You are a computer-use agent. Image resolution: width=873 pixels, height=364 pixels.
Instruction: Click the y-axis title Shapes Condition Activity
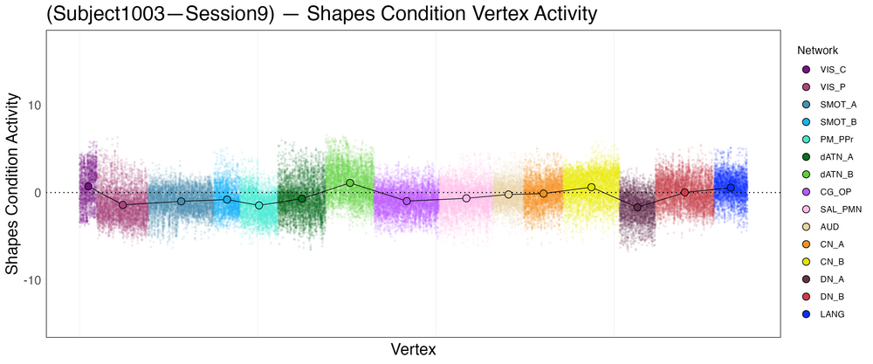(13, 185)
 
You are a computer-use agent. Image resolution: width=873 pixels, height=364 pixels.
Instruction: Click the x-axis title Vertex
(413, 349)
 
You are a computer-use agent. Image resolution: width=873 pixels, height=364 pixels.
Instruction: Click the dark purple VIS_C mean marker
(88, 186)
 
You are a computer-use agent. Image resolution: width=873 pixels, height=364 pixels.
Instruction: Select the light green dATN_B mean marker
(350, 182)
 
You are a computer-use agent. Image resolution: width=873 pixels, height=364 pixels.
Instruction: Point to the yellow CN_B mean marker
(591, 187)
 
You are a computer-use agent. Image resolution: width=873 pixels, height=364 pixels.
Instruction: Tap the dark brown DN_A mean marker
(637, 207)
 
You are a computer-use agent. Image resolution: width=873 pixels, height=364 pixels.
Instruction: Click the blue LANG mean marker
(731, 187)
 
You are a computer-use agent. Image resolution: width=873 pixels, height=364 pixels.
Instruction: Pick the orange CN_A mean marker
(543, 193)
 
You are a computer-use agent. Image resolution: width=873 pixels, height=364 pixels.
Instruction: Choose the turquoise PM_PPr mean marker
(259, 205)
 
